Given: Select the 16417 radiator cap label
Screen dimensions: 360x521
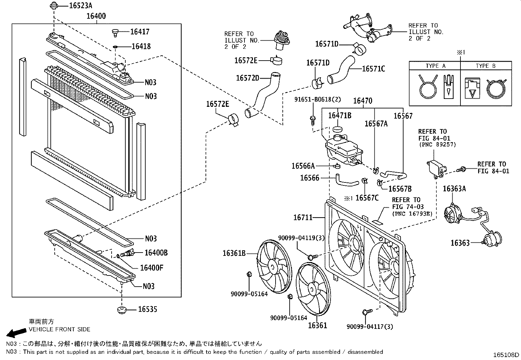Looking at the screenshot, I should tap(140, 32).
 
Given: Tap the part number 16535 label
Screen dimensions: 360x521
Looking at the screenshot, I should tap(147, 309).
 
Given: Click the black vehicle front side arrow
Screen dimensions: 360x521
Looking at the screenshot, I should tap(16, 333).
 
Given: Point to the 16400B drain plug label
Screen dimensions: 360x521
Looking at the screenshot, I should tap(156, 253).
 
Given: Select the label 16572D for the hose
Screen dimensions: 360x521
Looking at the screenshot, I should tap(247, 78).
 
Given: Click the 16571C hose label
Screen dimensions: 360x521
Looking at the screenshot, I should tap(373, 69).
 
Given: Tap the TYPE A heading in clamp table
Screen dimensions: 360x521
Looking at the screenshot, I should tap(435, 66).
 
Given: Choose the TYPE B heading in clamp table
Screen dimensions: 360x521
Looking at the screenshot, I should tap(485, 66).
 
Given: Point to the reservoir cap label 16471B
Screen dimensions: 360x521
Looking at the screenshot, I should tap(340, 115).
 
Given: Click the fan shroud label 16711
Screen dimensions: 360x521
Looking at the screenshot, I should tap(303, 217).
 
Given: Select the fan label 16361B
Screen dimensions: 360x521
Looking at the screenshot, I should tap(234, 253).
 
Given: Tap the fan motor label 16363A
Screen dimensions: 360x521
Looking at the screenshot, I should tap(454, 189).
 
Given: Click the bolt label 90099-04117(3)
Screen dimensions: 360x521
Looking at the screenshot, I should tap(370, 326).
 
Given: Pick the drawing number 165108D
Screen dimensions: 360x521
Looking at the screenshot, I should tap(507, 355).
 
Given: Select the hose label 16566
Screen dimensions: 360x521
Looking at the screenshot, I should tap(310, 178).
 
